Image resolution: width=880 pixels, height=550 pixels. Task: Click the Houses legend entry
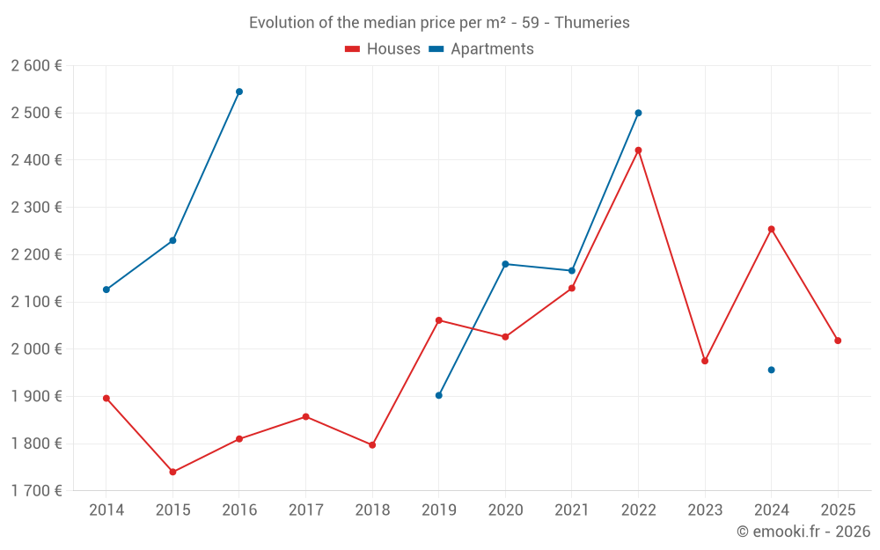pyautogui.click(x=383, y=49)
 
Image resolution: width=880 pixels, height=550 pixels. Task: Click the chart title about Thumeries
pyautogui.click(x=439, y=23)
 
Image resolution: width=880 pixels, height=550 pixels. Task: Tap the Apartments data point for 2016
pyautogui.click(x=239, y=92)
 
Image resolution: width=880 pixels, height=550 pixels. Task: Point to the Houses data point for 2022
pyautogui.click(x=638, y=150)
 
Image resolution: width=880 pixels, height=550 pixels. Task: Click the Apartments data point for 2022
pyautogui.click(x=638, y=113)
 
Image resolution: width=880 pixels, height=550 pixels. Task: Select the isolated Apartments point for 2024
pyautogui.click(x=771, y=370)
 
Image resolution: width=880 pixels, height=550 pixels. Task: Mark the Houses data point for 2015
pyautogui.click(x=172, y=473)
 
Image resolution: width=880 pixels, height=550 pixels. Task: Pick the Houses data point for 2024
pyautogui.click(x=771, y=229)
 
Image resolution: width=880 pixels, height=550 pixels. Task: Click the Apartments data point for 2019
pyautogui.click(x=439, y=395)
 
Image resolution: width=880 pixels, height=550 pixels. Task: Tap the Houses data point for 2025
pyautogui.click(x=838, y=341)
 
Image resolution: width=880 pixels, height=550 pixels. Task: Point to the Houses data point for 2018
pyautogui.click(x=372, y=445)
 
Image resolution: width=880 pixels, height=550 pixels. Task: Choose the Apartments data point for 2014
pyautogui.click(x=106, y=290)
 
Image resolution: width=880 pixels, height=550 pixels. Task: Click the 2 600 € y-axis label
pyautogui.click(x=36, y=66)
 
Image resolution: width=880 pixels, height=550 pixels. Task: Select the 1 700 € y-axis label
pyautogui.click(x=36, y=491)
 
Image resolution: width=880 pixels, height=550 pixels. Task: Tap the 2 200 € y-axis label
pyautogui.click(x=36, y=254)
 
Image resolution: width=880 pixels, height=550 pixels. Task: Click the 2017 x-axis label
pyautogui.click(x=305, y=510)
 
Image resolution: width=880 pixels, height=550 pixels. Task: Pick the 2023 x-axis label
pyautogui.click(x=705, y=510)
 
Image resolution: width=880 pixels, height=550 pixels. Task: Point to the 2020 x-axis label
pyautogui.click(x=505, y=510)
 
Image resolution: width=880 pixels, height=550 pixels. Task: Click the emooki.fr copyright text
pyautogui.click(x=803, y=532)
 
